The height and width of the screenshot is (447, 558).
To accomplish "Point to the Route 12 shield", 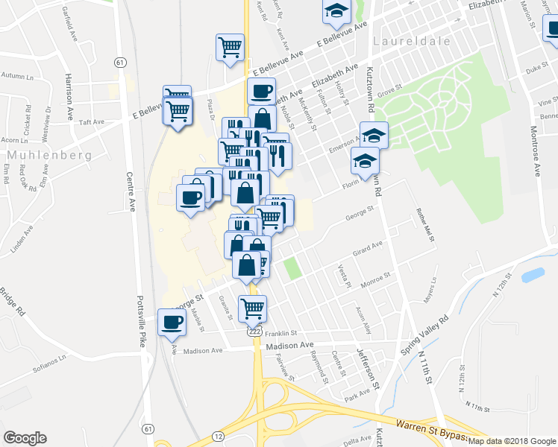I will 218,435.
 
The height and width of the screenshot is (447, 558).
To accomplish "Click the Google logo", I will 25,438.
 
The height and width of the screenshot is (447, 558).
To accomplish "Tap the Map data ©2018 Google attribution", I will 512,441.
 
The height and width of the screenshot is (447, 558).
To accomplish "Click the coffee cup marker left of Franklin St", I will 172,322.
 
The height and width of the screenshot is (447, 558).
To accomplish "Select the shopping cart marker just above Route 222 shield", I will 252,307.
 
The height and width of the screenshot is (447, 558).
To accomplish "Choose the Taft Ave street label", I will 91,121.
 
